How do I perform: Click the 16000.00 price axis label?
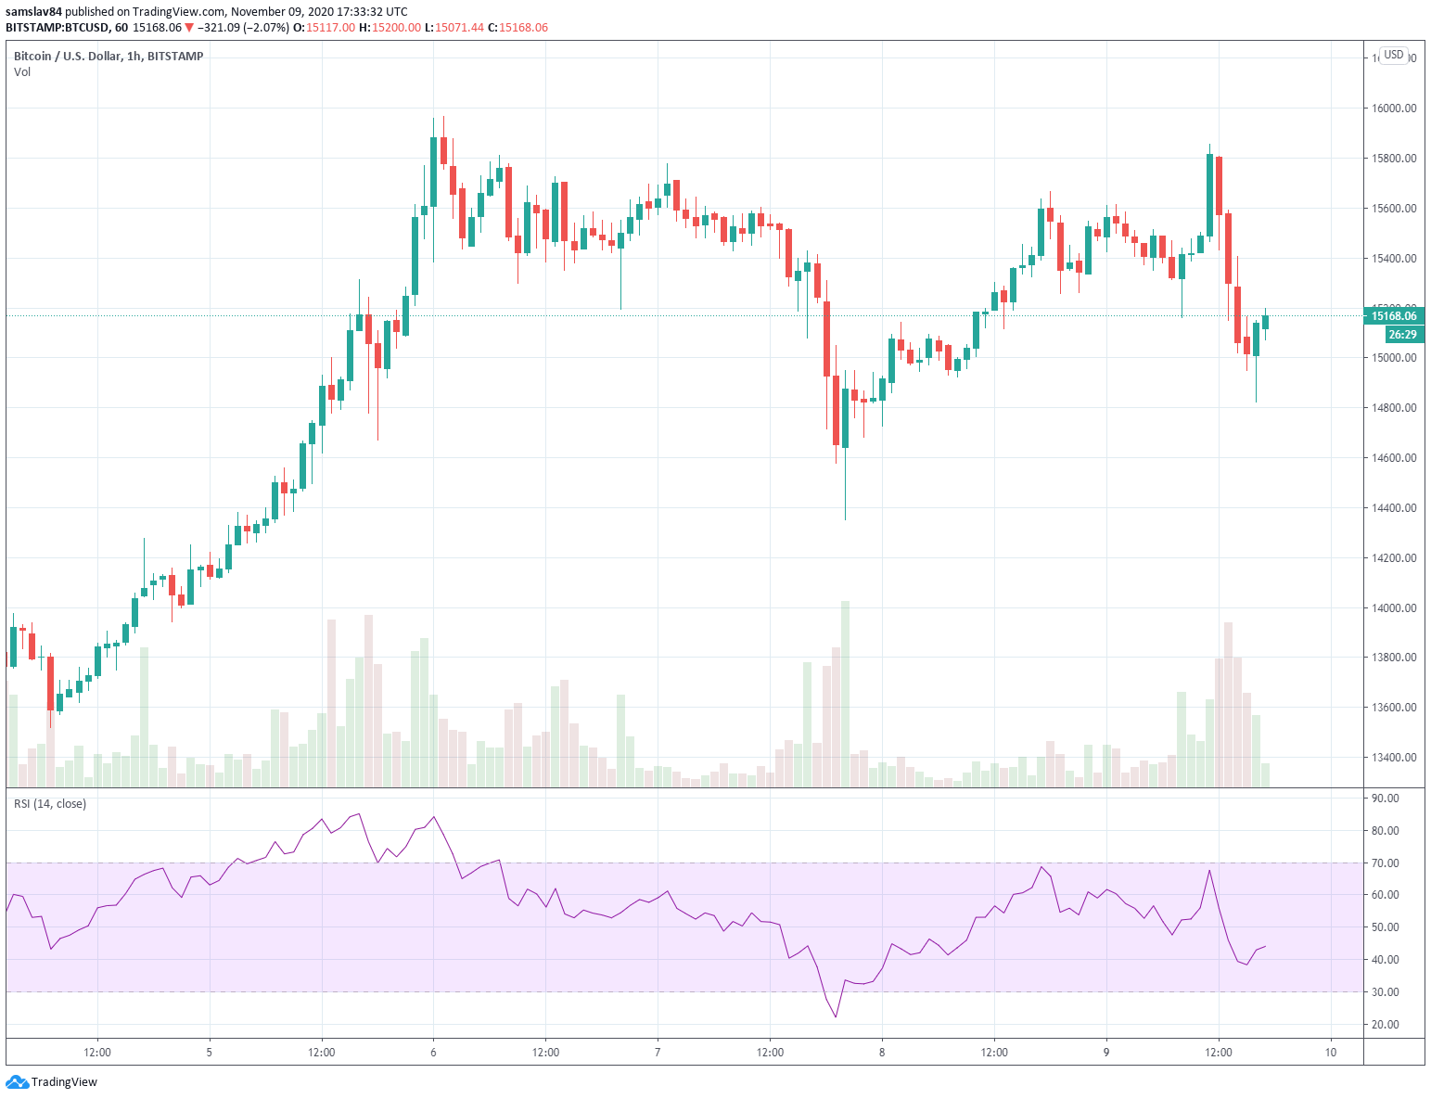pos(1394,109)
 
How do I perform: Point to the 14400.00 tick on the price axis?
pos(1394,508)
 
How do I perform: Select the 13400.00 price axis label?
pos(1394,758)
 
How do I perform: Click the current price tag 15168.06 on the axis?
pos(1394,316)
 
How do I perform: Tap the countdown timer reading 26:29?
pos(1402,335)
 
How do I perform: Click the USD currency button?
pos(1394,55)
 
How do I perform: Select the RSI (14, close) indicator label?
pos(50,804)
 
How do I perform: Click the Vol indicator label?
pos(22,72)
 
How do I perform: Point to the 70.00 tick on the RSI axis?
pos(1385,863)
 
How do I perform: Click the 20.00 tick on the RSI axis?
pos(1385,1025)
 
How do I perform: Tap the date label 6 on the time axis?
pos(433,1053)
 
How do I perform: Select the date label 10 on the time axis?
pos(1331,1053)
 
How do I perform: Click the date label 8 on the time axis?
pos(882,1053)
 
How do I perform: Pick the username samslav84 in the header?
pos(33,12)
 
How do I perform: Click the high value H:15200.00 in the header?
pos(390,28)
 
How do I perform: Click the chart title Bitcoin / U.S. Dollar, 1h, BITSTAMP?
pos(109,57)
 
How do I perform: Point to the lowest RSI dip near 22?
pos(836,1016)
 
